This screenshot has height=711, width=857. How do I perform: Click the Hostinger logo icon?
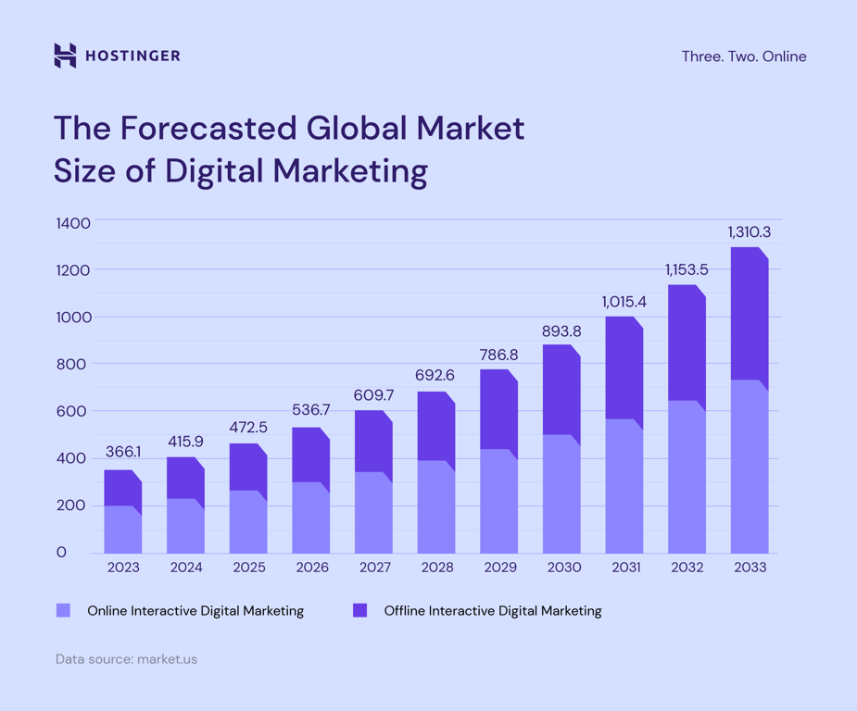65,56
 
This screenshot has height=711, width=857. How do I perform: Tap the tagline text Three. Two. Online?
743,56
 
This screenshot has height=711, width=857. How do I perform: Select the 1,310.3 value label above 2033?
749,232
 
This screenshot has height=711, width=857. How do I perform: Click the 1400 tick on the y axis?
73,223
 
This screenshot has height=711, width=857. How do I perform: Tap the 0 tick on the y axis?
61,553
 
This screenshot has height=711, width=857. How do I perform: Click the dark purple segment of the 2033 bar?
749,315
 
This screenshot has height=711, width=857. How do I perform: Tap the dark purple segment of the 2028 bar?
435,426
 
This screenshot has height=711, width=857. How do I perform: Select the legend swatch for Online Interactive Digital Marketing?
63,610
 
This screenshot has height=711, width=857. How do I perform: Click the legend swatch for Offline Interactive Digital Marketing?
360,610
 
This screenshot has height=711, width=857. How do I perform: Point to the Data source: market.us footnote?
126,659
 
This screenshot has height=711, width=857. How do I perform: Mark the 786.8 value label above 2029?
498,355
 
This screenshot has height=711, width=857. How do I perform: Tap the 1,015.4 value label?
624,302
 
